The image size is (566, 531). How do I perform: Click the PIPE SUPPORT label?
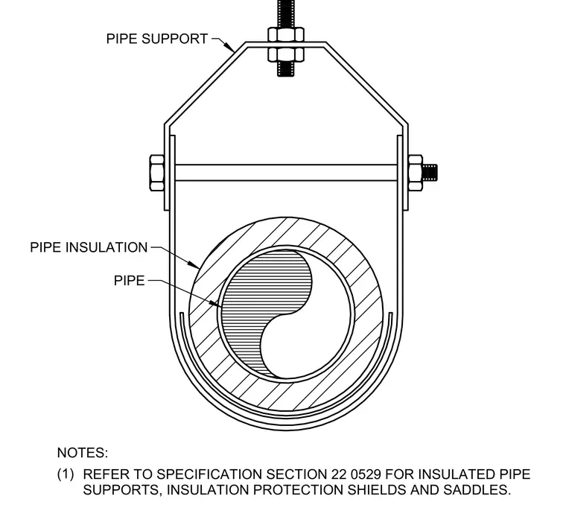[x=157, y=39]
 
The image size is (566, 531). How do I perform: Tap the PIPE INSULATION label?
[x=89, y=248]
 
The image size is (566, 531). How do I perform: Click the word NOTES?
[x=83, y=453]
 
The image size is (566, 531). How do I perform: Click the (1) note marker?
[x=66, y=474]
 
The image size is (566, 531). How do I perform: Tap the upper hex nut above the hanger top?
[x=286, y=35]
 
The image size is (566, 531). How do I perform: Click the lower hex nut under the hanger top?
[x=286, y=54]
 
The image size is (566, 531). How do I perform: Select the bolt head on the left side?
[x=157, y=173]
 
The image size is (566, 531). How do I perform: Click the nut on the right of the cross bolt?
[x=415, y=173]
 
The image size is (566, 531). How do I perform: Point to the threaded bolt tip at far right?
[x=430, y=173]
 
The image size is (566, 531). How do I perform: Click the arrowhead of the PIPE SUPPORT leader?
[x=229, y=46]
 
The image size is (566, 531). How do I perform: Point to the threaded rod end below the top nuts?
[x=286, y=69]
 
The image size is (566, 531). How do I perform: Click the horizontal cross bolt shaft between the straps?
[x=286, y=173]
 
